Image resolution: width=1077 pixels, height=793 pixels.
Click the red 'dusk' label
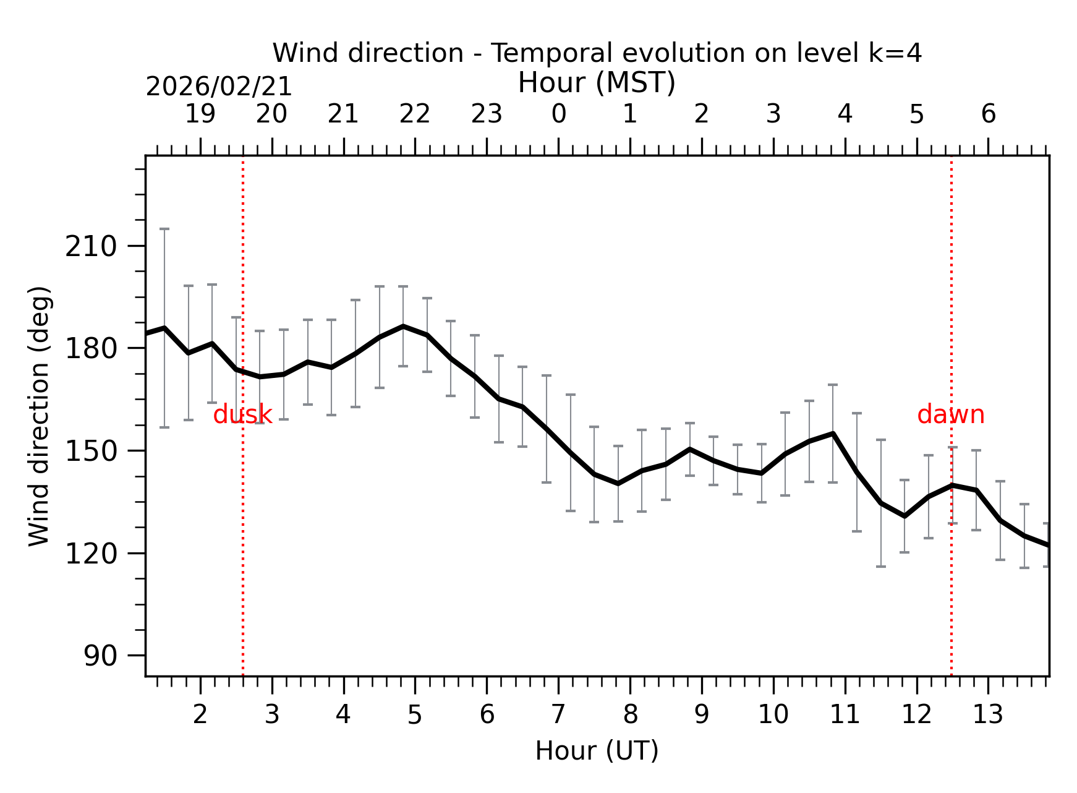click(x=242, y=414)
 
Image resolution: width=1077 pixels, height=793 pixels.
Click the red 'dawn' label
click(x=950, y=414)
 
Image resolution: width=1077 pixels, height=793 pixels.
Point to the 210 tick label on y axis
click(x=91, y=247)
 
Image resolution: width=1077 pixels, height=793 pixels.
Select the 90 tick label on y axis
click(x=100, y=656)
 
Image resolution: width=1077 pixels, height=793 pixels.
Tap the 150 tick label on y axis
click(x=91, y=452)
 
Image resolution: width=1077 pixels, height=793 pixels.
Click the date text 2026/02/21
click(x=219, y=87)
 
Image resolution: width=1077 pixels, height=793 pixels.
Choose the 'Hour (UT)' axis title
click(x=597, y=751)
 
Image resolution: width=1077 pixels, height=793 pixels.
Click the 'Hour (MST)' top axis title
click(x=597, y=83)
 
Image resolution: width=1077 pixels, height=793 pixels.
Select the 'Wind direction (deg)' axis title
click(x=39, y=416)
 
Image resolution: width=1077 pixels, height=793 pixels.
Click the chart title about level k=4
click(x=597, y=53)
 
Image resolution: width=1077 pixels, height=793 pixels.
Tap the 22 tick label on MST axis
click(x=414, y=114)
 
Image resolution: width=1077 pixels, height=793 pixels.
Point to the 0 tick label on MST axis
click(x=558, y=114)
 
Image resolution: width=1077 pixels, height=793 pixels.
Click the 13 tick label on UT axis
click(x=987, y=715)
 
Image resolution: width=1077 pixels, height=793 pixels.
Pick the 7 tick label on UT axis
click(x=558, y=715)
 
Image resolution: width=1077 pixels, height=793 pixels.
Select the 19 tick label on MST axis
click(x=200, y=114)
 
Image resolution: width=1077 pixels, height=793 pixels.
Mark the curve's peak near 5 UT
click(x=403, y=326)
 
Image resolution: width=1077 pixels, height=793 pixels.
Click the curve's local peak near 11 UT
click(x=833, y=434)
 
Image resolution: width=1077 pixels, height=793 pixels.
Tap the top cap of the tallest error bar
click(x=164, y=229)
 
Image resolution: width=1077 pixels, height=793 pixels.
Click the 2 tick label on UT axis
click(x=200, y=715)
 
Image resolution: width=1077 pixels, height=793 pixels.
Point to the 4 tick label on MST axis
click(x=845, y=114)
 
